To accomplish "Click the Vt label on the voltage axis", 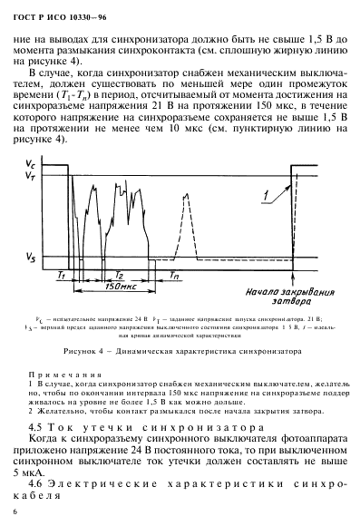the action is [34, 174].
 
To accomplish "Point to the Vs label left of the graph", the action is [34, 259].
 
